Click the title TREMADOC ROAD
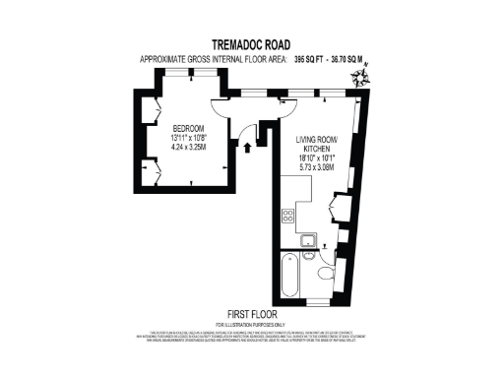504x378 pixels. (x=251, y=44)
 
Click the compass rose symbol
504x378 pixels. (x=365, y=75)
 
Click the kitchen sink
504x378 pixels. (x=307, y=240)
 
